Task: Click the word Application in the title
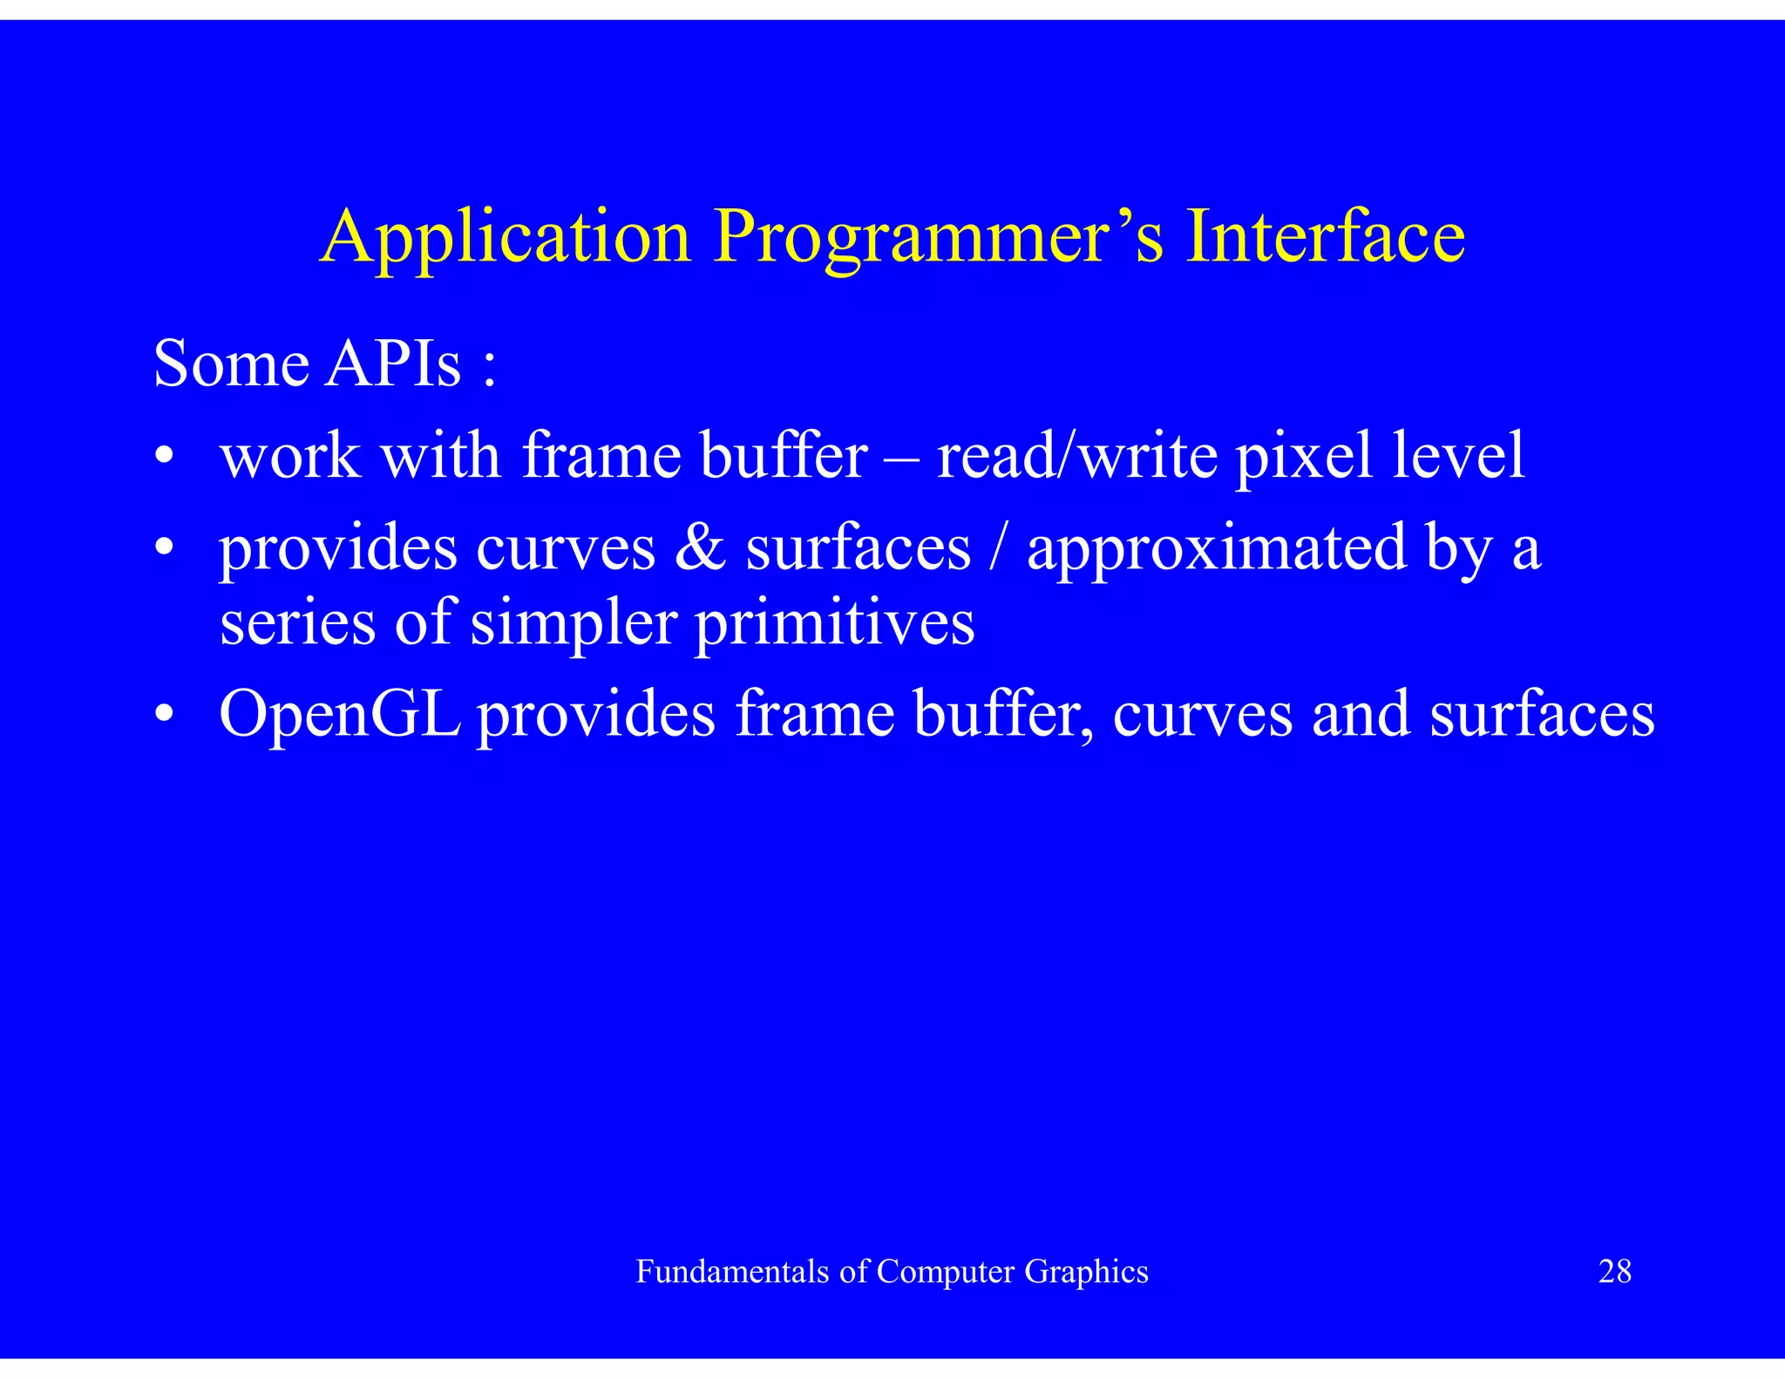tap(506, 237)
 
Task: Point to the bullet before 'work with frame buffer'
tap(164, 457)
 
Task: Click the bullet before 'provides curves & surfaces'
tap(164, 549)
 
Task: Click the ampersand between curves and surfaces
tap(700, 548)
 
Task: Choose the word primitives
tap(834, 623)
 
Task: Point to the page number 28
tap(1614, 1272)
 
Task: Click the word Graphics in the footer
tap(1086, 1272)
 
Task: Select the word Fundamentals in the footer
tap(732, 1272)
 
